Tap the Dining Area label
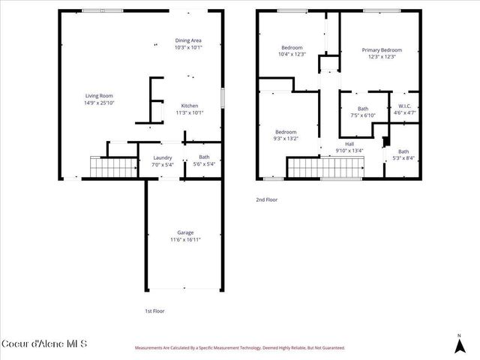(x=188, y=40)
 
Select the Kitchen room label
(x=189, y=106)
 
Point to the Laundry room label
(x=163, y=157)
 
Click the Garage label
(x=185, y=232)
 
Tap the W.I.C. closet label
(x=405, y=106)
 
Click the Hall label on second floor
(x=349, y=144)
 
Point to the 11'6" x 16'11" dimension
(x=185, y=239)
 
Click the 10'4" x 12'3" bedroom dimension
(x=292, y=54)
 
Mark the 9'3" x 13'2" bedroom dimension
(x=286, y=138)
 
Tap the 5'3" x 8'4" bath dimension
(x=403, y=157)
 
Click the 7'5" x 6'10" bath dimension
(x=363, y=115)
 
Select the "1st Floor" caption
(x=154, y=310)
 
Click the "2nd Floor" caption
(x=266, y=199)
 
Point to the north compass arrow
(x=459, y=346)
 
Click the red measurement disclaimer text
(x=240, y=348)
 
